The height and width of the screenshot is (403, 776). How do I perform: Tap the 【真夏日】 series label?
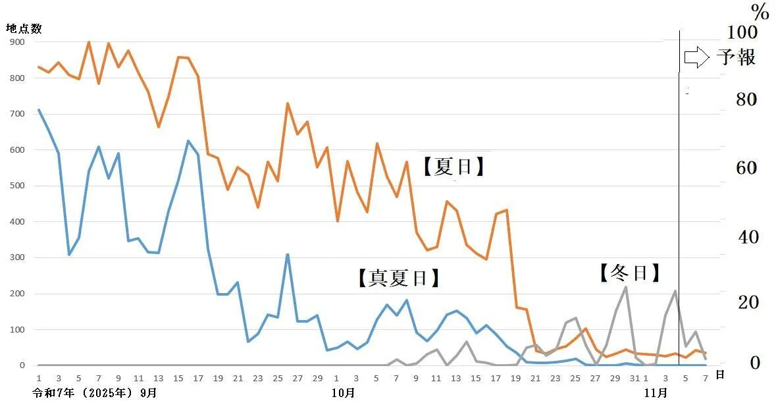tap(398, 278)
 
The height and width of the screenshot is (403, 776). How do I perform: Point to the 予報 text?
tap(736, 57)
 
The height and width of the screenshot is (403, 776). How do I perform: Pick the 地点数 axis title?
tap(24, 28)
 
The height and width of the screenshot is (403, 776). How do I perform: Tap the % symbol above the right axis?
tap(760, 11)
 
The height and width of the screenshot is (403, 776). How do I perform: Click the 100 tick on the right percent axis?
tap(742, 32)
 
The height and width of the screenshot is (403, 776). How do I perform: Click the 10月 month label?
tap(343, 392)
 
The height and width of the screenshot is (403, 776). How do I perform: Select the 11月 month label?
tap(655, 392)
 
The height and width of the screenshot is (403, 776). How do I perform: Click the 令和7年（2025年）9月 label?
tap(95, 392)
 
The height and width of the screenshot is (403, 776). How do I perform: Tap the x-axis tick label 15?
tap(178, 378)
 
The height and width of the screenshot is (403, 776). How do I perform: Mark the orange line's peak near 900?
tap(89, 42)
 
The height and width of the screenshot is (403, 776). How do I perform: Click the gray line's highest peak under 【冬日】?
tap(625, 287)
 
